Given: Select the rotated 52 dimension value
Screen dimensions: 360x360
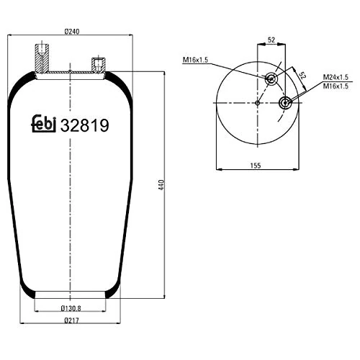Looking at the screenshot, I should [x=303, y=76].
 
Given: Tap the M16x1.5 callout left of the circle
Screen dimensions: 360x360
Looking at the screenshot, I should [x=195, y=60].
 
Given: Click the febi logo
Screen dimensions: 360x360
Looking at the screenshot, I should [x=45, y=124].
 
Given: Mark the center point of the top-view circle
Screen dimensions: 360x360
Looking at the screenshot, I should [x=257, y=103].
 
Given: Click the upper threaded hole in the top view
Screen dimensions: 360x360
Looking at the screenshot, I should [x=271, y=78].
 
